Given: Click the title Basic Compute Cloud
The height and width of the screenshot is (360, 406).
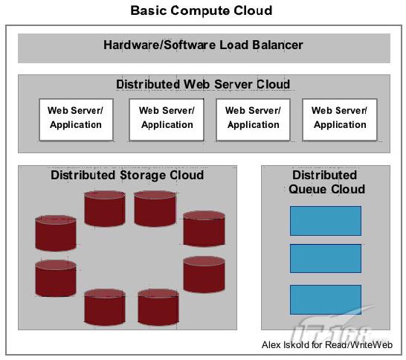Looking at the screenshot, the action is tap(202, 11).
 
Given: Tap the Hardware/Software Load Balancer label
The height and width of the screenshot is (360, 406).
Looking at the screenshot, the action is tap(203, 45).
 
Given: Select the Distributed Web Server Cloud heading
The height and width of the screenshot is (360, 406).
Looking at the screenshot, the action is tap(203, 85).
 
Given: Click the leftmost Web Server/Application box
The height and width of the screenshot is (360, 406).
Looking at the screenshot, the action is tap(76, 120).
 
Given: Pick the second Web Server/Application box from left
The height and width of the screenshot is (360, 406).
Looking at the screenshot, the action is tap(167, 120).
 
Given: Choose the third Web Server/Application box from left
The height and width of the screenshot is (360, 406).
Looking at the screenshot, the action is tap(253, 120).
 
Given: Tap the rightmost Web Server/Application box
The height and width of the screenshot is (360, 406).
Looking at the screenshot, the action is tap(340, 120).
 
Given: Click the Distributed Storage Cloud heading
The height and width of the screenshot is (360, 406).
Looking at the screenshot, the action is tap(127, 175).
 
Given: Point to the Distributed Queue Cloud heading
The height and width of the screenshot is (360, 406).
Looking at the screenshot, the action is tap(326, 182).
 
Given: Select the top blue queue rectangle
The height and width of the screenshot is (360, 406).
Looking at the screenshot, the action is tap(326, 221).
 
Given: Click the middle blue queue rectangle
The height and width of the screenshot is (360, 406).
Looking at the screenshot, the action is tap(326, 258).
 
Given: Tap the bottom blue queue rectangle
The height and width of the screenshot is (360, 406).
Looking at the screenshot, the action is tap(326, 300).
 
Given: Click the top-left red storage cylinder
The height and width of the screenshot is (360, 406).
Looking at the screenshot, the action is tap(105, 208).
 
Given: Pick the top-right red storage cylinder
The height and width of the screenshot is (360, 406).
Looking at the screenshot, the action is tap(155, 208).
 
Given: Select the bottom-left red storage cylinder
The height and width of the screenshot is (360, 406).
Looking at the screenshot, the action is tap(105, 307).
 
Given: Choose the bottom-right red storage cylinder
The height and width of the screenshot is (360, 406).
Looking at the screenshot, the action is tap(158, 307).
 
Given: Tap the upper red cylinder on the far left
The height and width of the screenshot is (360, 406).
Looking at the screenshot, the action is tap(56, 233).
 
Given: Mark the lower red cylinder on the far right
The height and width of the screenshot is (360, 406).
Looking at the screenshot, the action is tap(204, 274).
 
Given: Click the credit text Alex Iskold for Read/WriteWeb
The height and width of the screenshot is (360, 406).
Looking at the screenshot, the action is tap(327, 345).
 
